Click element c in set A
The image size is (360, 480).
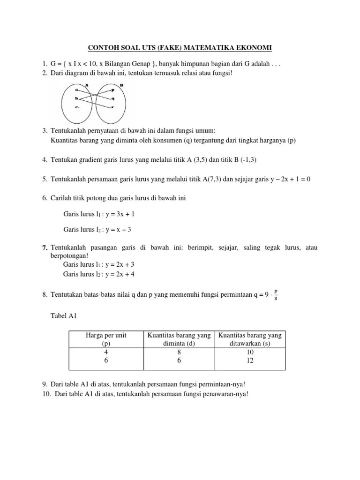click(76, 107)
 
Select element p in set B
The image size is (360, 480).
click(112, 90)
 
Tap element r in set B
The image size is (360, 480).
click(112, 107)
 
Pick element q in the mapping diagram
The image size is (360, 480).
click(112, 98)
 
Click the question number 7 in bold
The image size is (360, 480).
click(45, 247)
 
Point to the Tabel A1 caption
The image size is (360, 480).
click(63, 316)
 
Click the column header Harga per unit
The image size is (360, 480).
click(106, 335)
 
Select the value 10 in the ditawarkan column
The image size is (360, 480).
click(250, 352)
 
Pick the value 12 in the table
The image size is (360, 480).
click(250, 360)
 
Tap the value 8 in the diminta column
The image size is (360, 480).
click(178, 352)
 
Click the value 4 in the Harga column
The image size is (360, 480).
click(106, 352)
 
